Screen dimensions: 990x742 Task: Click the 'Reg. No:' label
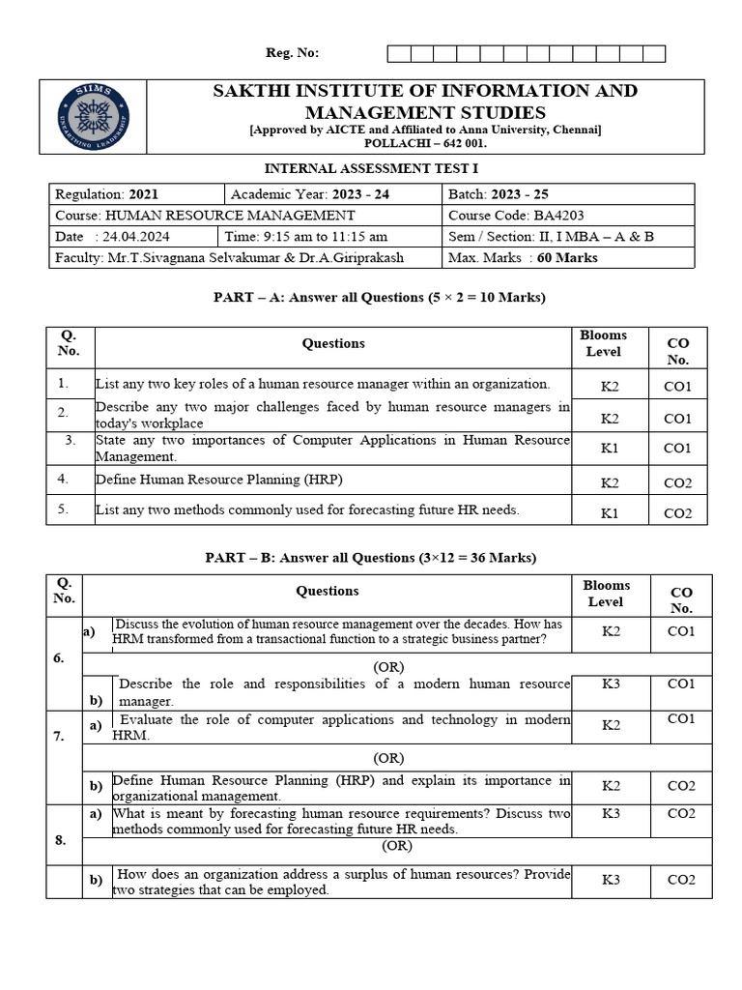[292, 53]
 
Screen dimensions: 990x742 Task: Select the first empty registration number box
[398, 53]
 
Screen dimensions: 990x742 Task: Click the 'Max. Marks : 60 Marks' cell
[523, 258]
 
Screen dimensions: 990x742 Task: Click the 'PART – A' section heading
[379, 298]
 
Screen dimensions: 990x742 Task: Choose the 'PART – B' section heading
[370, 558]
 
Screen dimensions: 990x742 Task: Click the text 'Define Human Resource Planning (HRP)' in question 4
[218, 480]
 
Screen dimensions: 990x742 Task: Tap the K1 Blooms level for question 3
[610, 449]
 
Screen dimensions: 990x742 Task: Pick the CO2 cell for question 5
[678, 512]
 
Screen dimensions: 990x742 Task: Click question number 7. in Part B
[60, 737]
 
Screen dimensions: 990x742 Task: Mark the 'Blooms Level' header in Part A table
[604, 343]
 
